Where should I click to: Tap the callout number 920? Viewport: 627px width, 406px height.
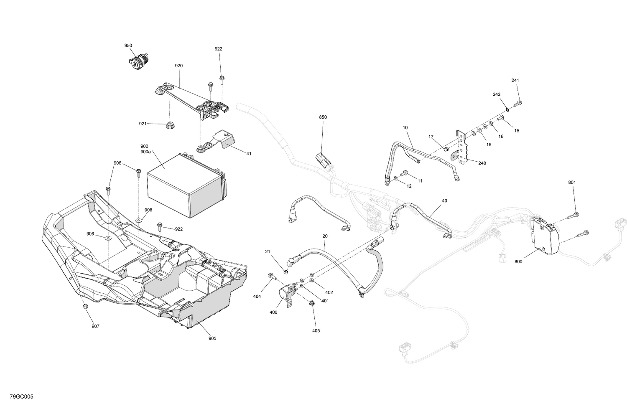[x=179, y=66]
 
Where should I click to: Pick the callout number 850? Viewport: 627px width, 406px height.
[x=323, y=117]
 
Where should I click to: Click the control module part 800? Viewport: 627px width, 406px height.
[x=544, y=236]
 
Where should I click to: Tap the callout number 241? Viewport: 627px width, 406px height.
[x=515, y=81]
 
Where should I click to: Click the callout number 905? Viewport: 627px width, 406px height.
[x=212, y=338]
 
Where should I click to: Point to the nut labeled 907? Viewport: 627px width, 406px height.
[x=86, y=307]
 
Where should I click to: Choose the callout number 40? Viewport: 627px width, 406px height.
[x=444, y=201]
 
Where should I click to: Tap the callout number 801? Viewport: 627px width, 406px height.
[x=572, y=183]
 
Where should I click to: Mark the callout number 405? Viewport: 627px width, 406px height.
[x=316, y=331]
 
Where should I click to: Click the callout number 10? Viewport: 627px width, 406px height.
[x=405, y=127]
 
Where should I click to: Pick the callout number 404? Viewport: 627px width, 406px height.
[x=257, y=296]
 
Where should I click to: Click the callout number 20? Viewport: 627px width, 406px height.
[x=325, y=236]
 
